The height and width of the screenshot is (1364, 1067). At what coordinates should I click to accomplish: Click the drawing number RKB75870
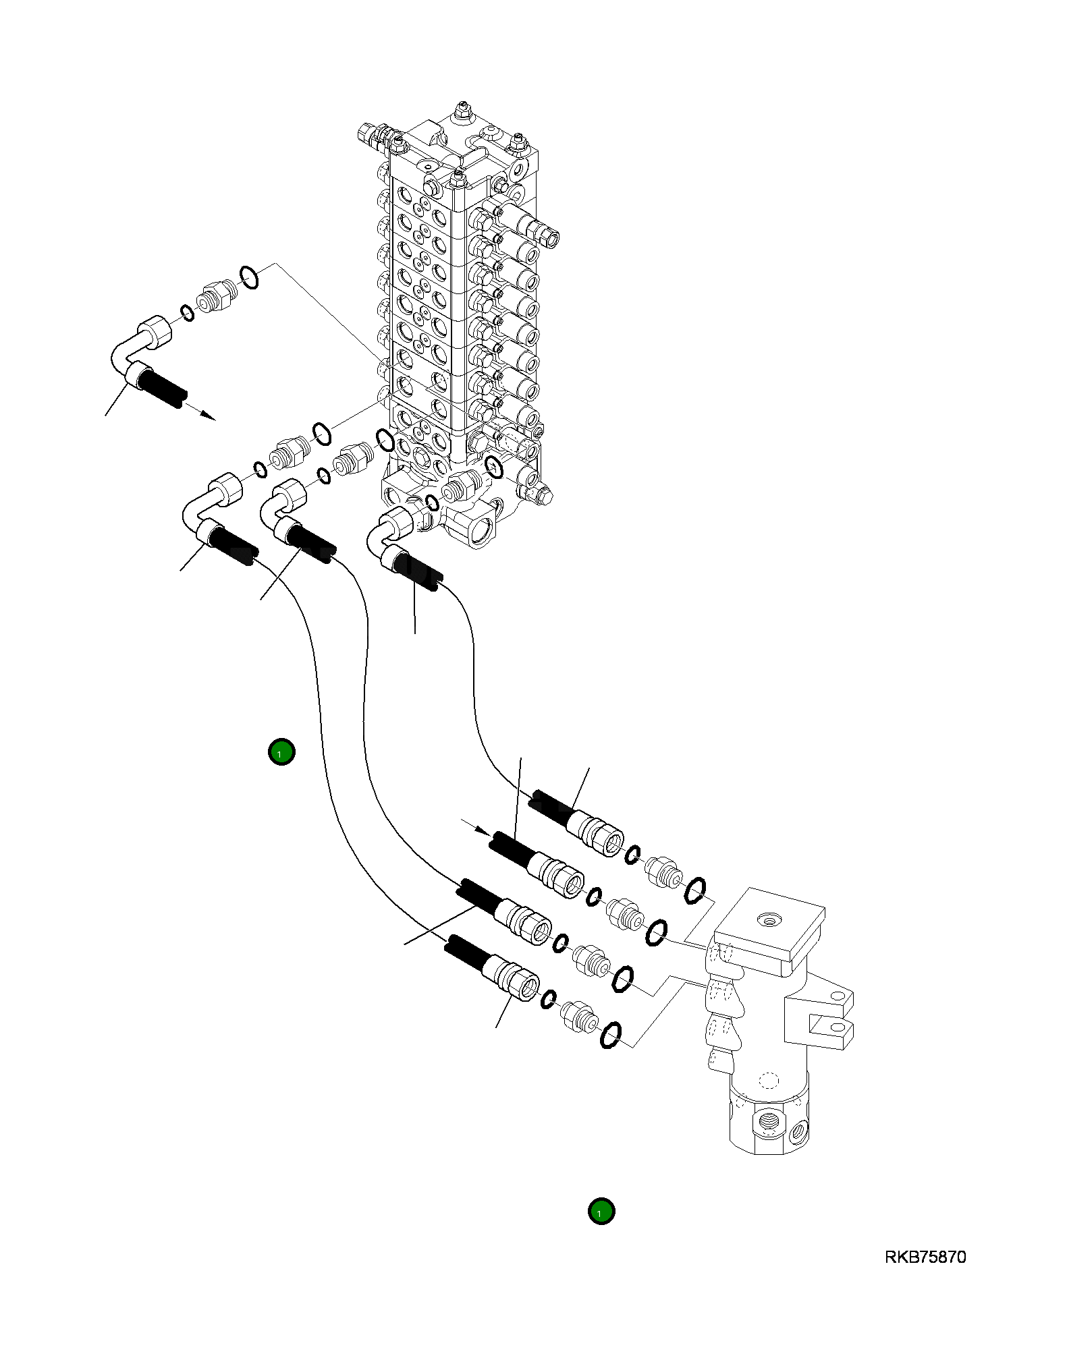click(925, 1257)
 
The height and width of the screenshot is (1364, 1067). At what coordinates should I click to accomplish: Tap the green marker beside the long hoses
click(281, 751)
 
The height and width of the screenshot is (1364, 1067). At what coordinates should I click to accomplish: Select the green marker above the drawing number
click(601, 1211)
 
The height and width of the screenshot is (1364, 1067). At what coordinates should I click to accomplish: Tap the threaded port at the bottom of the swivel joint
click(769, 1122)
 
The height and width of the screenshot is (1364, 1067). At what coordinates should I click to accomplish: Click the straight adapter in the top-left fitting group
click(217, 297)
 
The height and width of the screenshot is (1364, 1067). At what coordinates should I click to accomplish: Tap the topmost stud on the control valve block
click(463, 109)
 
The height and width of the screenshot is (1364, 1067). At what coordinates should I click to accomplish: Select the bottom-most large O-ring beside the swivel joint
click(610, 1035)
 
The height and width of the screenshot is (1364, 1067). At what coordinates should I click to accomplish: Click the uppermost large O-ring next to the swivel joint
click(694, 890)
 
